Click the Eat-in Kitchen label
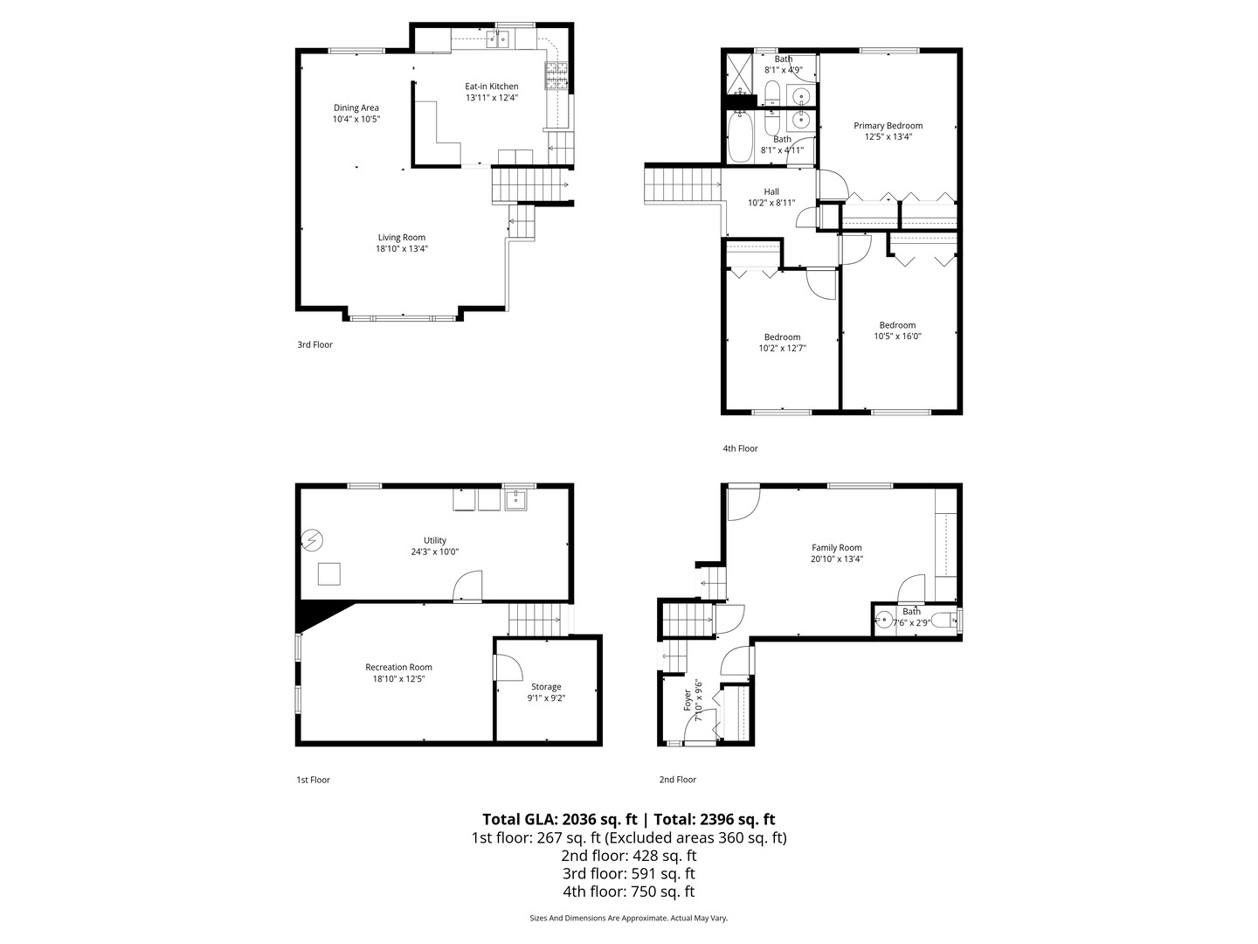point(491,87)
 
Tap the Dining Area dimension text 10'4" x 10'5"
point(356,119)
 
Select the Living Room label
point(401,237)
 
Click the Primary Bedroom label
point(888,126)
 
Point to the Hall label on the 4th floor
point(771,191)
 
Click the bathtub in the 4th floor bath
point(739,136)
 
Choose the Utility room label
point(434,540)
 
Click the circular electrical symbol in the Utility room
point(313,540)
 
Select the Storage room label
point(546,687)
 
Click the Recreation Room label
point(398,667)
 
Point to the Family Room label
point(836,547)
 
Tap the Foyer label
point(688,700)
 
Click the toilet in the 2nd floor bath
point(943,621)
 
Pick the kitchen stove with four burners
point(556,76)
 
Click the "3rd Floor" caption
point(314,344)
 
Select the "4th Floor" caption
point(740,448)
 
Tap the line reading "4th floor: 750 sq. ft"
point(629,892)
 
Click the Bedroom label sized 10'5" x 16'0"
point(897,325)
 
